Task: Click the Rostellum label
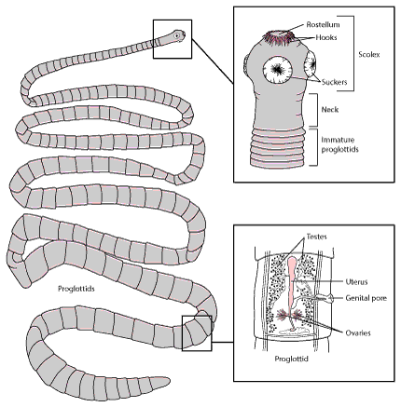(x=323, y=24)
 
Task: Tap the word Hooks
(x=326, y=37)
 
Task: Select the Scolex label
(x=369, y=55)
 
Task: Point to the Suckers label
(x=334, y=82)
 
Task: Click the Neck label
(x=330, y=110)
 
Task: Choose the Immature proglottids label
(x=339, y=144)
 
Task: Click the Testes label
(x=317, y=237)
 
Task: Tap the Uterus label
(x=356, y=282)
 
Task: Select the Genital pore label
(x=366, y=298)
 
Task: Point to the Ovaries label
(x=358, y=333)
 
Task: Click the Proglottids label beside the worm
(x=76, y=289)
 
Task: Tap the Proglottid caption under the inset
(x=291, y=359)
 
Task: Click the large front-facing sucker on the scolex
(x=278, y=70)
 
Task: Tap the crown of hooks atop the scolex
(x=279, y=38)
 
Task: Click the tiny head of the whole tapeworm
(x=177, y=35)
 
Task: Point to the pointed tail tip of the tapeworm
(x=170, y=380)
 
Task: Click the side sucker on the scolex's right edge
(x=311, y=64)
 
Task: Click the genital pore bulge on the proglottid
(x=330, y=298)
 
